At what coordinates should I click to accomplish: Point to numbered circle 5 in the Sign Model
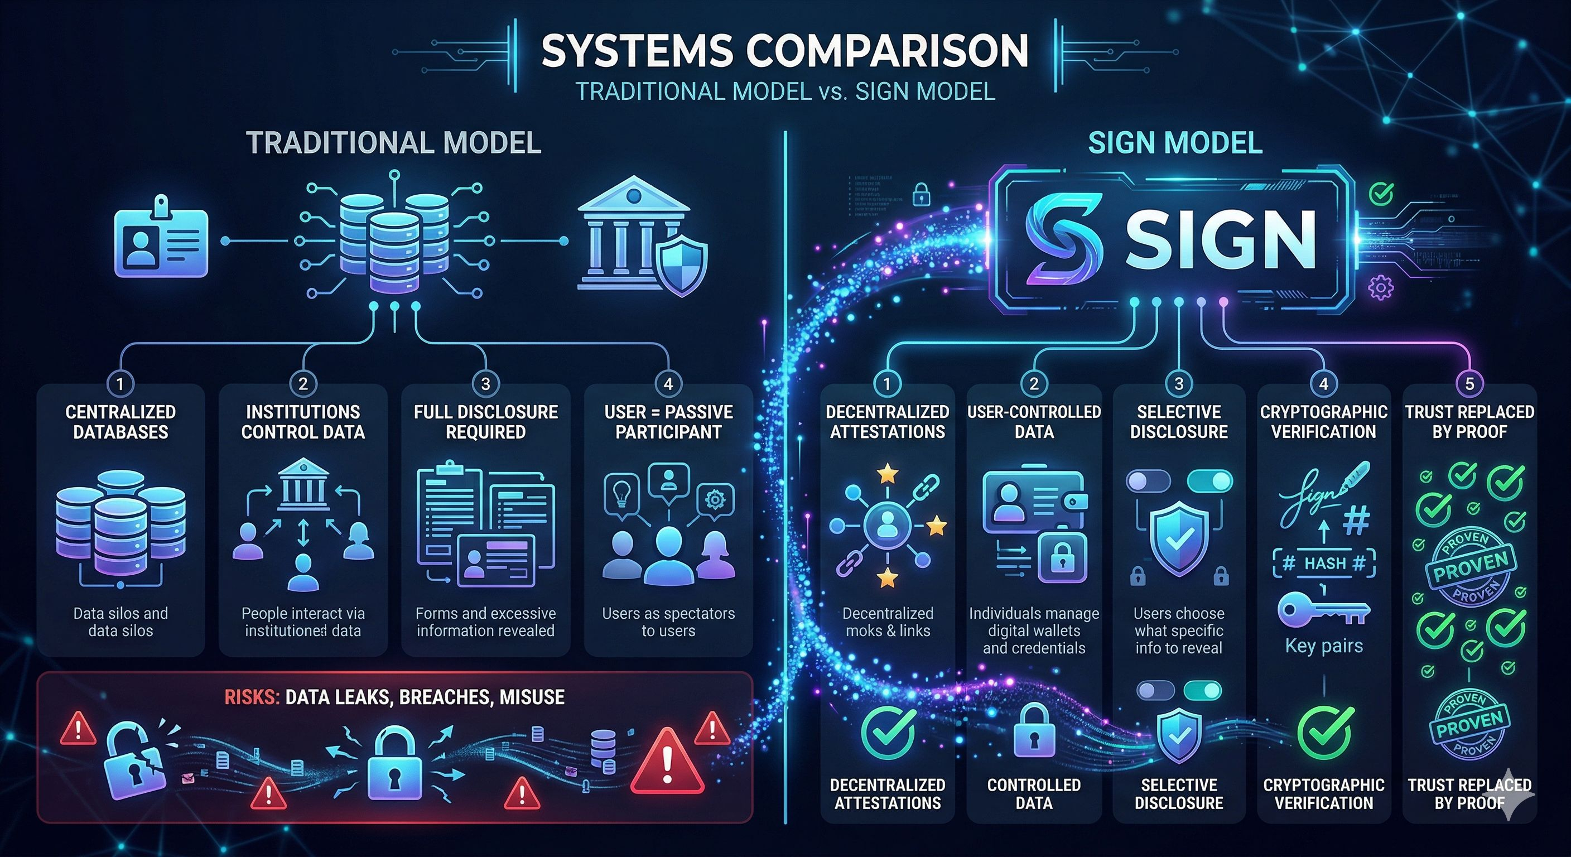coord(1469,384)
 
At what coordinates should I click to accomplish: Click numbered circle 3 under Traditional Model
coord(485,384)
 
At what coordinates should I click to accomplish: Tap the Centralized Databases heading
coord(120,421)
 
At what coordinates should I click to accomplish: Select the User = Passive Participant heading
coord(668,421)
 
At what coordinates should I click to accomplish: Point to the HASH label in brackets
coord(1324,563)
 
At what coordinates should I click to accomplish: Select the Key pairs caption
coord(1323,646)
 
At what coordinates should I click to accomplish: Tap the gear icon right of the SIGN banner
coord(1380,287)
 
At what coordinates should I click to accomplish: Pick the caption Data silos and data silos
coord(120,622)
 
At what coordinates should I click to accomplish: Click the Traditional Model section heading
coord(393,143)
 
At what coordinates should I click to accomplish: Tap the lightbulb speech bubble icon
coord(621,494)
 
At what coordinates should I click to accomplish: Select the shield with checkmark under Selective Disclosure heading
coord(1179,538)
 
